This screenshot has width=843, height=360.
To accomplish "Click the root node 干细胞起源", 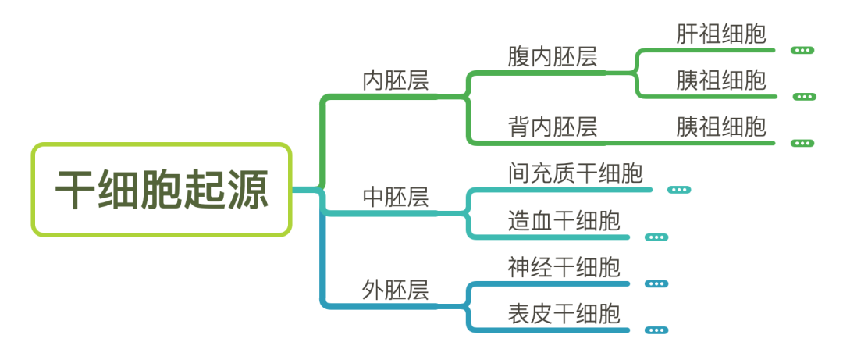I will [x=162, y=190].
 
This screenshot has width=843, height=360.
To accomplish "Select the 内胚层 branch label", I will [x=396, y=81].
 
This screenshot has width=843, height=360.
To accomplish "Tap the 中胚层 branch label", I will [x=396, y=196].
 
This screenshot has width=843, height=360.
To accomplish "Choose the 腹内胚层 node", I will [x=552, y=57].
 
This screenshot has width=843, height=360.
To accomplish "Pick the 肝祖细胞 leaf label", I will [x=721, y=34].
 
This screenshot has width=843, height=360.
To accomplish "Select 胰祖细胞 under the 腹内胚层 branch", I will [x=721, y=80].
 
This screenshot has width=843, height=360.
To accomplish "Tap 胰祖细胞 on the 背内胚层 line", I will [x=721, y=127].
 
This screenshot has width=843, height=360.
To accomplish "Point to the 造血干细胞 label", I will [x=564, y=220].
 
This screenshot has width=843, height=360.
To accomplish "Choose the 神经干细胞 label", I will [x=564, y=267].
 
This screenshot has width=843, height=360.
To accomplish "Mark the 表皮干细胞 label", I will [x=564, y=314].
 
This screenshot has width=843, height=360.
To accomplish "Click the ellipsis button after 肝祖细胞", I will [x=802, y=50].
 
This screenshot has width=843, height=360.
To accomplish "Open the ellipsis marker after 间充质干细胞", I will [x=679, y=190].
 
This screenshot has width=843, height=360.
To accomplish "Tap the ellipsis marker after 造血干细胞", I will [x=656, y=237].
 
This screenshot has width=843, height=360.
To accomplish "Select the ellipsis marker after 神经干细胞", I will [x=656, y=283].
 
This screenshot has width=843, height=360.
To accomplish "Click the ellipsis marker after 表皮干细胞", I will [x=656, y=330].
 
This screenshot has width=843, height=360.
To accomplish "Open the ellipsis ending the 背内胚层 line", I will [x=802, y=143].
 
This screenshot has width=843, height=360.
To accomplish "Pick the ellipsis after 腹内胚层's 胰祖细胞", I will [x=804, y=97].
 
